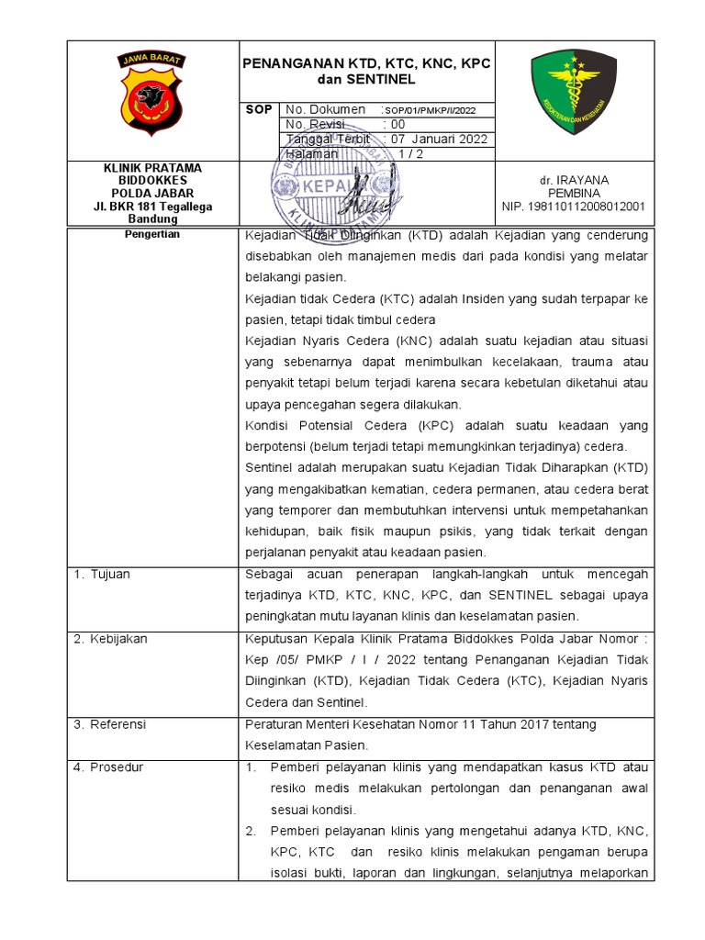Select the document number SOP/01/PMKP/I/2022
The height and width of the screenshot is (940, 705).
pos(431,110)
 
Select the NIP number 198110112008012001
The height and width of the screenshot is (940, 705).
pos(573,207)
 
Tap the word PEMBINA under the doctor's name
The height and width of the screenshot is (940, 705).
pos(573,194)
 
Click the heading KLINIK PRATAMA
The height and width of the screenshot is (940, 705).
pos(151,168)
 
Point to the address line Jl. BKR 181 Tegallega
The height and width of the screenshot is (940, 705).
pos(152,207)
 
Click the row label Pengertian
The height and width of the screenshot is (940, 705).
pos(151,234)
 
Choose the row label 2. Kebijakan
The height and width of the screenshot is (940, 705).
pos(109,638)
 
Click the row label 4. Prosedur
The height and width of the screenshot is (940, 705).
pos(107,767)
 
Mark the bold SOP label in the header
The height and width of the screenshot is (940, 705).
pos(260,109)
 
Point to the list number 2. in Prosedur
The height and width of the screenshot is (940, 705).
pos(250,831)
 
